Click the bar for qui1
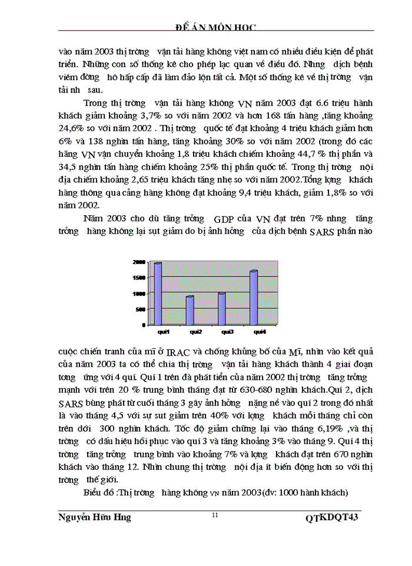(158, 293)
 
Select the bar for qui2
(190, 310)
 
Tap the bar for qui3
(222, 308)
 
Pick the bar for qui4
(254, 297)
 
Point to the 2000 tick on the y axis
(140, 262)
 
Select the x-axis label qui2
(191, 331)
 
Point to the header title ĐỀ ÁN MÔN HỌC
(216, 27)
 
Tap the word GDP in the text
(226, 218)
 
